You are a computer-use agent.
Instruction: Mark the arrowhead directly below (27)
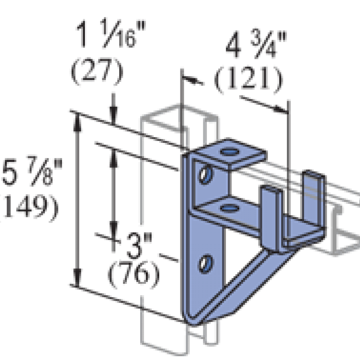coord(113,114)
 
